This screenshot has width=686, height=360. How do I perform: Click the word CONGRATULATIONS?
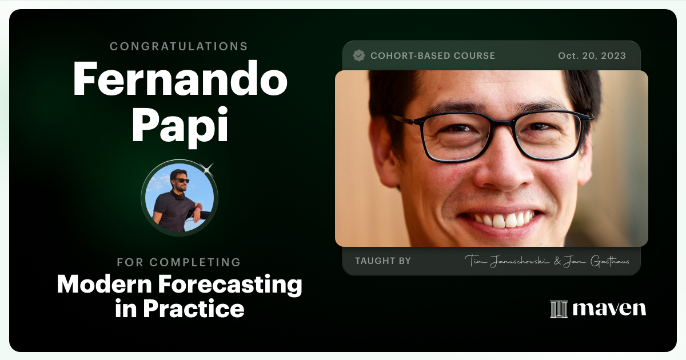pyautogui.click(x=179, y=46)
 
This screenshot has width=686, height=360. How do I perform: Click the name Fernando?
pyautogui.click(x=180, y=80)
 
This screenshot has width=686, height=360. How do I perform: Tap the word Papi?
pyautogui.click(x=180, y=126)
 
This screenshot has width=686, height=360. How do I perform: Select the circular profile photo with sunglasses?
pyautogui.click(x=180, y=198)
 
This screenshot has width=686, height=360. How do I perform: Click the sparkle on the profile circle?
pyautogui.click(x=208, y=168)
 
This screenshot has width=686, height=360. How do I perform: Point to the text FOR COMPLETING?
pyautogui.click(x=179, y=262)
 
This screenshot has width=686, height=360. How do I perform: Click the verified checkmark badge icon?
pyautogui.click(x=359, y=55)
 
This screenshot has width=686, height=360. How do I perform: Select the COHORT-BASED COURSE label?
pyautogui.click(x=433, y=55)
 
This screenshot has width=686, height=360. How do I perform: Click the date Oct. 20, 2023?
pyautogui.click(x=592, y=55)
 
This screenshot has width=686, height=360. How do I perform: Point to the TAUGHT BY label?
pyautogui.click(x=382, y=261)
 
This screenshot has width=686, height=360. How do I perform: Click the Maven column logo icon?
pyautogui.click(x=559, y=309)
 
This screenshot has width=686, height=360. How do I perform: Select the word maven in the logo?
pyautogui.click(x=609, y=309)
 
